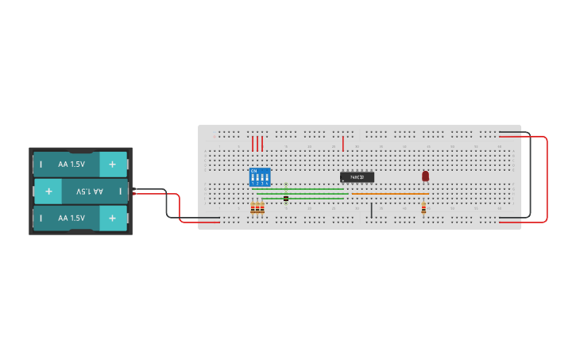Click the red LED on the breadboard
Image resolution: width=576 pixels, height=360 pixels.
click(x=425, y=176)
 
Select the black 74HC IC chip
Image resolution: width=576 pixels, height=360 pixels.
click(x=357, y=176)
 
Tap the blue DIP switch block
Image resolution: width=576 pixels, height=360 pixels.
click(x=260, y=176)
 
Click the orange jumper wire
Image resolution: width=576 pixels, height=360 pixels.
click(x=389, y=193)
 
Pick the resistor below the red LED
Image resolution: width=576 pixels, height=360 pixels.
click(x=423, y=208)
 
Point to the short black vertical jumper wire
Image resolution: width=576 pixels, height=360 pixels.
click(x=371, y=210)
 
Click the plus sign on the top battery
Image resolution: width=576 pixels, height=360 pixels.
click(x=112, y=165)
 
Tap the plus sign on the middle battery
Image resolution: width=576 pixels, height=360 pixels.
click(x=48, y=192)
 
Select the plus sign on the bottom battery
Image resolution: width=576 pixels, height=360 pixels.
click(x=112, y=218)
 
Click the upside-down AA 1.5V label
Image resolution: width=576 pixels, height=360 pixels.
click(x=90, y=192)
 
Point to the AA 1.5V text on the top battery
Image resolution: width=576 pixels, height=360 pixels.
click(x=72, y=165)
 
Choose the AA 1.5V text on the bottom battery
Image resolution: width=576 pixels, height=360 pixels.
click(x=72, y=218)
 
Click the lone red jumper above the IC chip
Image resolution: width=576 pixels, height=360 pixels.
click(x=343, y=143)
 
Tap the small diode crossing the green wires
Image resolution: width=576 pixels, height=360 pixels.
click(x=286, y=196)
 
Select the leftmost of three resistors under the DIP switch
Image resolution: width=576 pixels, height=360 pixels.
click(x=253, y=208)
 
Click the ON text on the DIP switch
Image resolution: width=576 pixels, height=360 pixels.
click(x=253, y=170)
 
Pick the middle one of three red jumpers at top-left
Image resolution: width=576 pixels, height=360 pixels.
click(x=257, y=143)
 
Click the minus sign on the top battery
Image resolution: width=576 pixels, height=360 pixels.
click(x=41, y=165)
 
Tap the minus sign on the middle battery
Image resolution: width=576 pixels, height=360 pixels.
click(x=120, y=192)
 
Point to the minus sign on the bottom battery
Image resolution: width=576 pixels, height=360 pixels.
click(x=41, y=218)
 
